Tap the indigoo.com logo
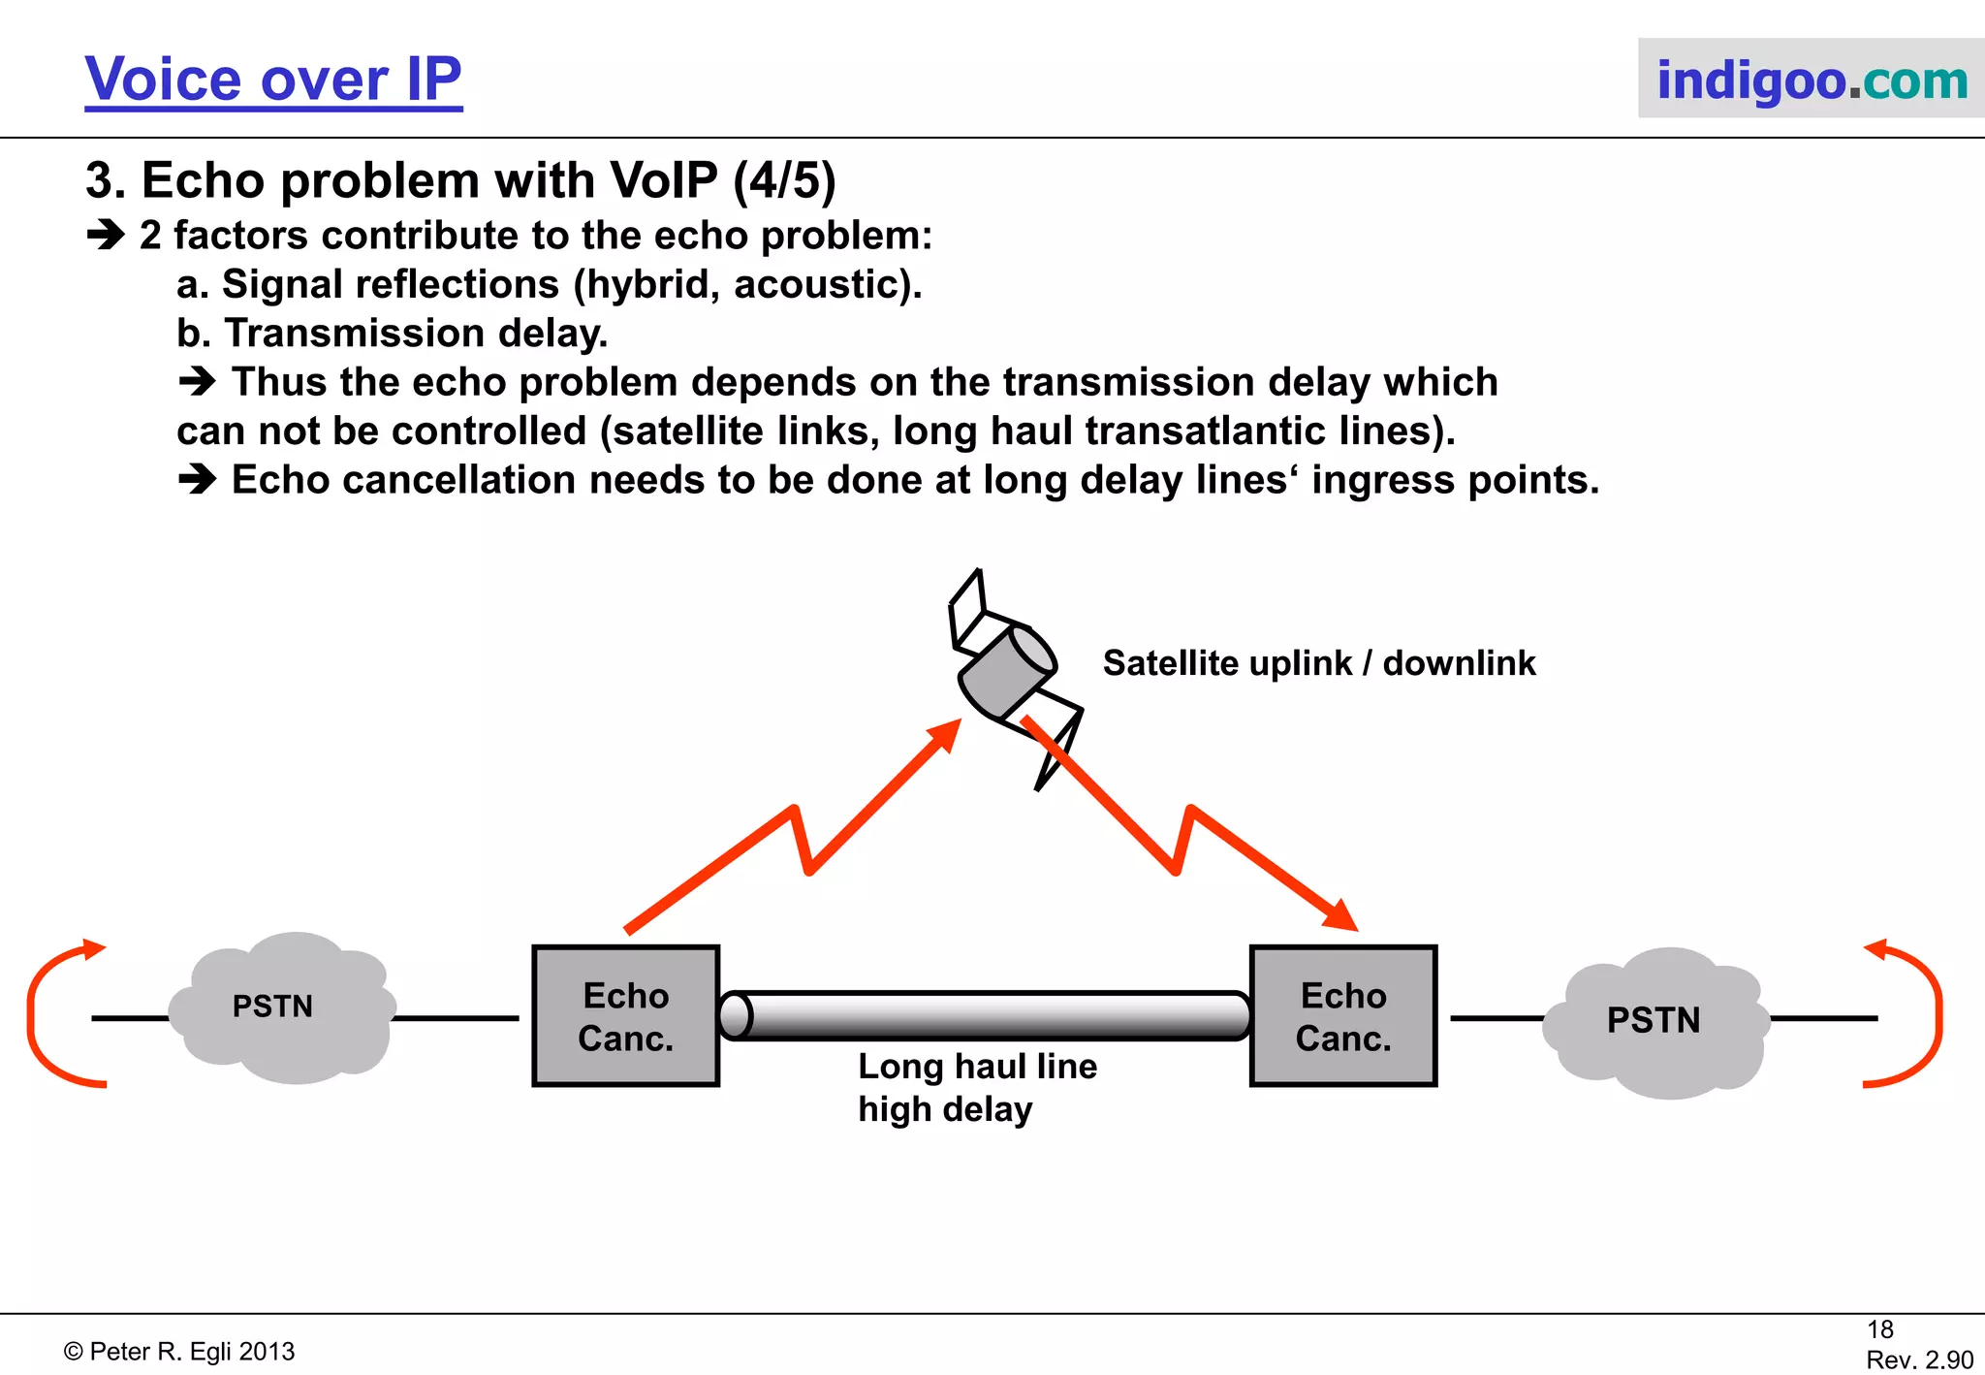1811,80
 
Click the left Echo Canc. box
626,1016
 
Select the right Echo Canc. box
1343,1016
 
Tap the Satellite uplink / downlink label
1318,663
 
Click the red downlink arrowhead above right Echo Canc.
1342,915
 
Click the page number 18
1880,1329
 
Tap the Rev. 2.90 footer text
1919,1359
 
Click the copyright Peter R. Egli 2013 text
179,1352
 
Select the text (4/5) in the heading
784,181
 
